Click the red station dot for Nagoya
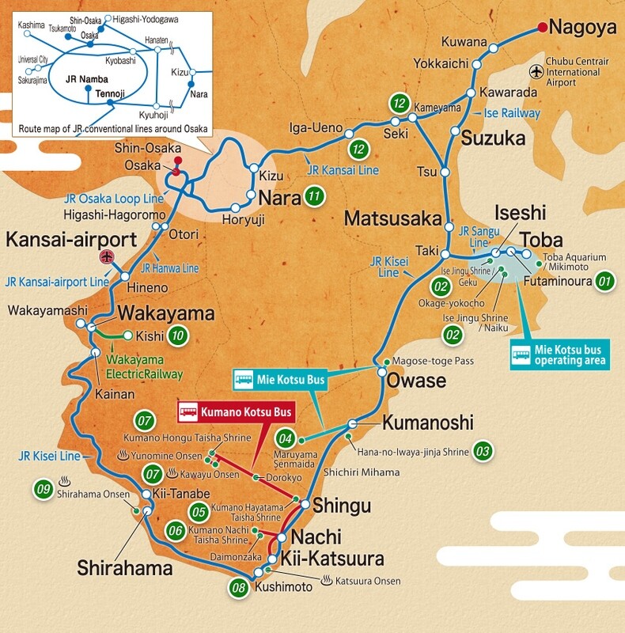pos(542,28)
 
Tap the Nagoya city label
pos(582,28)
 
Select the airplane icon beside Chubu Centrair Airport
pos(539,71)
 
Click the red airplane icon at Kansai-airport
pos(108,256)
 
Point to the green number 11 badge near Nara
pos(316,197)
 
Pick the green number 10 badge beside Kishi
pos(179,335)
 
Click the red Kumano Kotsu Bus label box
pos(236,411)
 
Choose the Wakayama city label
pos(165,313)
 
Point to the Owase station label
pos(417,381)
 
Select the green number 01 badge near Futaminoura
pos(605,280)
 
